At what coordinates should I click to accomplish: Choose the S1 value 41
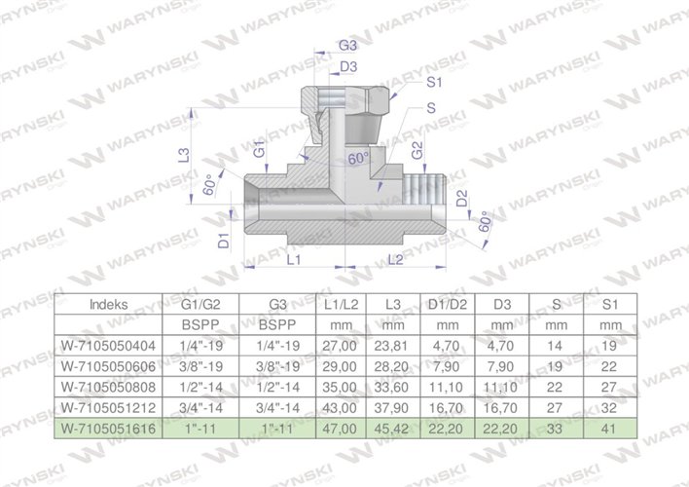(609, 427)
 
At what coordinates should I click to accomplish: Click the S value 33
(556, 427)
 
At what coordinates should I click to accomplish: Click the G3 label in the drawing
(346, 46)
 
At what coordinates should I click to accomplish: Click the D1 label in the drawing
(223, 239)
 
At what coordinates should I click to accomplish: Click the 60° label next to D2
(485, 224)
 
